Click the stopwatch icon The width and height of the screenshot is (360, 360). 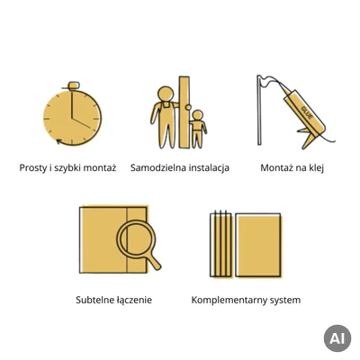(x=72, y=114)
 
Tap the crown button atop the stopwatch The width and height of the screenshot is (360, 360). (x=74, y=85)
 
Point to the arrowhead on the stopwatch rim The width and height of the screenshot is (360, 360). (x=59, y=141)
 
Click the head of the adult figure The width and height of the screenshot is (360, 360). (x=166, y=94)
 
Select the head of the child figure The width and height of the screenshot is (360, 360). (x=197, y=115)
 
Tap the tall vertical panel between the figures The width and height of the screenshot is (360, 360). (x=184, y=112)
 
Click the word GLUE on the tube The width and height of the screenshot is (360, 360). (x=307, y=112)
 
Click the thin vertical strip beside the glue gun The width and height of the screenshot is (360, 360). (x=259, y=110)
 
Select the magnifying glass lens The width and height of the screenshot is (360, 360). (x=137, y=239)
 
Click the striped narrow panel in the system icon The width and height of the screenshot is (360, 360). (x=220, y=244)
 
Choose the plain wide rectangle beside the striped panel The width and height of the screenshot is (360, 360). (x=258, y=245)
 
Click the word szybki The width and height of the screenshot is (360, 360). (x=65, y=167)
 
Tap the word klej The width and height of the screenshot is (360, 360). (x=315, y=167)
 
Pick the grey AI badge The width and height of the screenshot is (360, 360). (x=337, y=338)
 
